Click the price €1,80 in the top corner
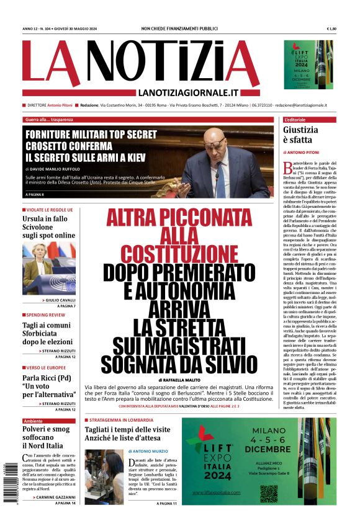tap(331, 29)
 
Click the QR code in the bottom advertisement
tap(269, 493)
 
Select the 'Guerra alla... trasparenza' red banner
tap(49, 119)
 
